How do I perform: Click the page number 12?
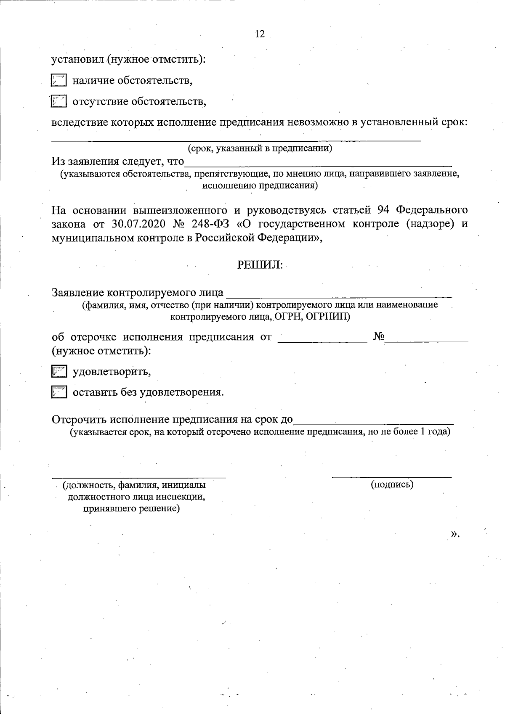pyautogui.click(x=260, y=34)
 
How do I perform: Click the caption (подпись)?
pyautogui.click(x=392, y=484)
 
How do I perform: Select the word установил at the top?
pyautogui.click(x=77, y=60)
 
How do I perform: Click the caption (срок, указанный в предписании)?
pyautogui.click(x=260, y=148)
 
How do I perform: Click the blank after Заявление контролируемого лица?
pyautogui.click(x=339, y=294)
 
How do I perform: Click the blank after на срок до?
pyautogui.click(x=373, y=422)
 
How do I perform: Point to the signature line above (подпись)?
pyautogui.click(x=392, y=476)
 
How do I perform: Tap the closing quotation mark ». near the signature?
pyautogui.click(x=454, y=534)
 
